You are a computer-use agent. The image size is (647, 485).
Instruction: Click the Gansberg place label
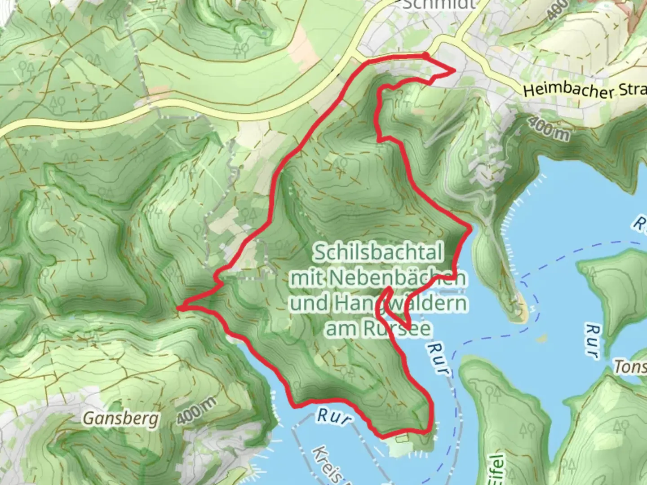point(121,419)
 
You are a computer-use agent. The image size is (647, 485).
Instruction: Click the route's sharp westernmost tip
point(179,308)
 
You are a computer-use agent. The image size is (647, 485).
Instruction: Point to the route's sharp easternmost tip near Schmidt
point(455,70)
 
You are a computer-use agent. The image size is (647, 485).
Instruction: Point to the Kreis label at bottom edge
point(328,467)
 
